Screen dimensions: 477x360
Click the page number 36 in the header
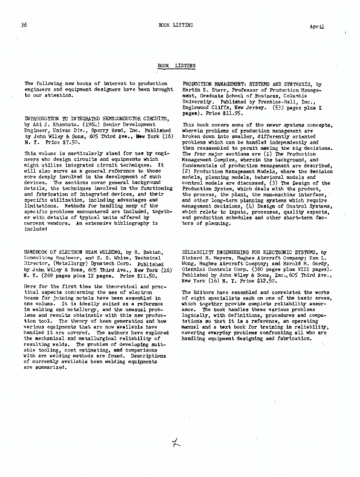[x=24, y=25]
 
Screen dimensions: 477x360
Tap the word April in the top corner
[x=317, y=27]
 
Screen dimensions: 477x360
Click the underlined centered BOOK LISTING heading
[x=176, y=65]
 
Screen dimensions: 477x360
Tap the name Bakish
[x=149, y=251]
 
